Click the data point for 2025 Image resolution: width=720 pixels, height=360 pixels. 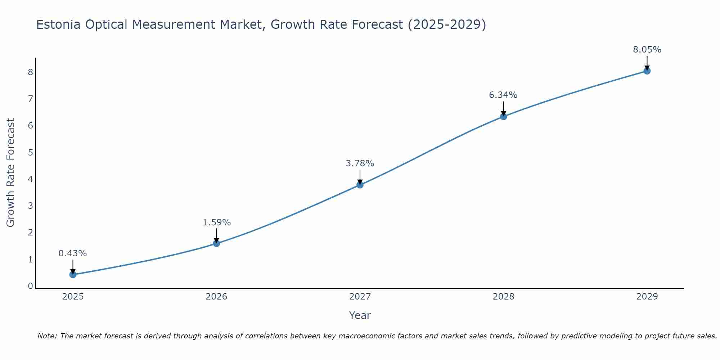pos(73,275)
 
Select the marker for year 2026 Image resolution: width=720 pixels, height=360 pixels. pos(216,243)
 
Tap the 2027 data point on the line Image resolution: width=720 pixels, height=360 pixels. pos(360,185)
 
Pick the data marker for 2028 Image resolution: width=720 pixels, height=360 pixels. pos(504,117)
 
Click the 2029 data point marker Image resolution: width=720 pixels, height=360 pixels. pos(647,71)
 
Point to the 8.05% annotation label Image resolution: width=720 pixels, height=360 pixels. pos(647,50)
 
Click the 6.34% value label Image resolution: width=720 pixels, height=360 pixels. pos(503,95)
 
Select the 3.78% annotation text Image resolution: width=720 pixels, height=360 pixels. pos(360,163)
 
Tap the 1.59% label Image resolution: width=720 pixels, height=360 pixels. pos(216,222)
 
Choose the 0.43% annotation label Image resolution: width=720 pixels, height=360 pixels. pos(73,253)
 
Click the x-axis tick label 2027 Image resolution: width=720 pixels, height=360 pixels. pos(360,297)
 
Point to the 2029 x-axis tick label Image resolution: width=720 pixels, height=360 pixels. pos(647,297)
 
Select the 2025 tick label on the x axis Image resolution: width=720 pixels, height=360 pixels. pos(73,297)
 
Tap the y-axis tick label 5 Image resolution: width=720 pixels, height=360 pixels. pos(30,152)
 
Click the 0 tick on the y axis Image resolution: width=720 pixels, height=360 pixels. pos(30,286)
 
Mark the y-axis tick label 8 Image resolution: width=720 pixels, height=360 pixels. pos(30,72)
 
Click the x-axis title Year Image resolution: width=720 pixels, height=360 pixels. pos(360,315)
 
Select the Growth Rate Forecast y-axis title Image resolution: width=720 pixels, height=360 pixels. pos(11,173)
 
